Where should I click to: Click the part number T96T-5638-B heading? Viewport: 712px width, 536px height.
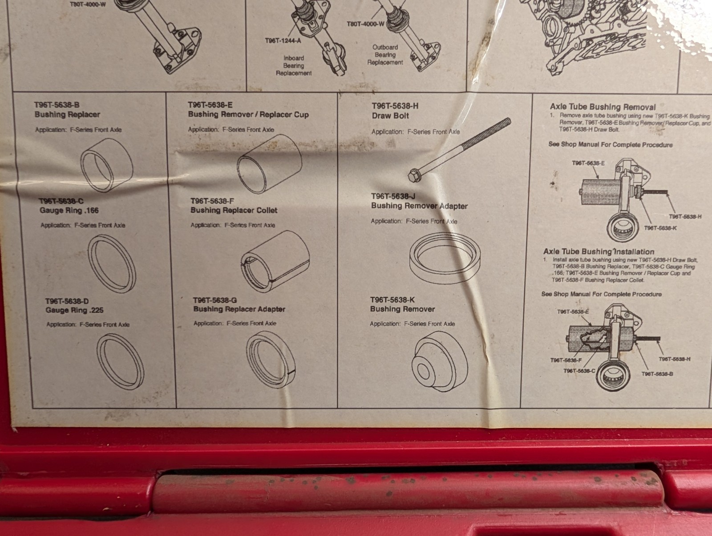point(57,105)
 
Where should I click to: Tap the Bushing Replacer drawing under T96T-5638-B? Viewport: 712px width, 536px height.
point(106,166)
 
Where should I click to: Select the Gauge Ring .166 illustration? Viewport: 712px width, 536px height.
point(112,264)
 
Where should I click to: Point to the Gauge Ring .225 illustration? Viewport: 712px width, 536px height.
point(120,361)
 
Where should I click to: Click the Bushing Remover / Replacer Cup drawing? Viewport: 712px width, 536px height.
point(269,164)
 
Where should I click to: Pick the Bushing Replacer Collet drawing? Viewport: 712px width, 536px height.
point(275,261)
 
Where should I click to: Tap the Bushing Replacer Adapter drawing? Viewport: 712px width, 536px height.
point(271,360)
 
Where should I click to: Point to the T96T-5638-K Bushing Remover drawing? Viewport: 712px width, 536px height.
point(440,361)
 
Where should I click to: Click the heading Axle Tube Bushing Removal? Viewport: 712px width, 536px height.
point(603,107)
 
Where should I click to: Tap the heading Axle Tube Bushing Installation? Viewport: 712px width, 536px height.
point(599,252)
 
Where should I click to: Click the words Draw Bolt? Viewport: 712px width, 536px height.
point(390,116)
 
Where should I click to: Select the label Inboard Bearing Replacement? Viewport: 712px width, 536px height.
point(294,65)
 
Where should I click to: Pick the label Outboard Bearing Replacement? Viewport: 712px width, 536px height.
point(385,55)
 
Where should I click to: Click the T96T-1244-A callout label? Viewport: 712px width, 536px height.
point(283,41)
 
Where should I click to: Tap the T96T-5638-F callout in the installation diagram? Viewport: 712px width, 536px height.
point(566,360)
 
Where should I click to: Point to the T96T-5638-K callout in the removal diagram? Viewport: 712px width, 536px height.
point(660,228)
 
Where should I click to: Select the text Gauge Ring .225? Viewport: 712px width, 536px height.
point(74,310)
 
